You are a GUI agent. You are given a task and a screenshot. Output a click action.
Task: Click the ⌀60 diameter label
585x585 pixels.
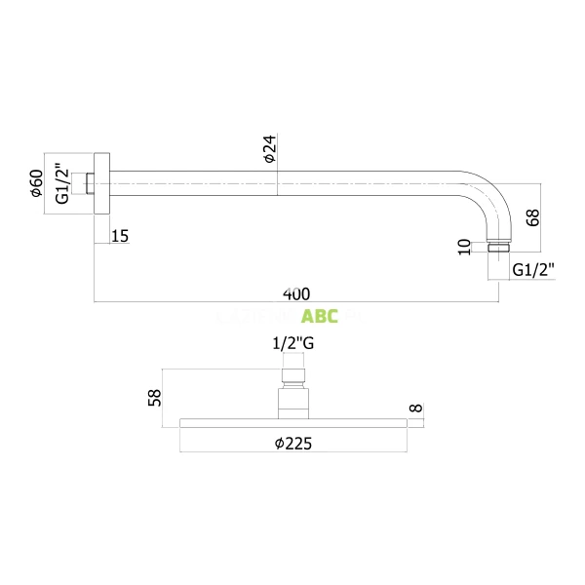point(36,183)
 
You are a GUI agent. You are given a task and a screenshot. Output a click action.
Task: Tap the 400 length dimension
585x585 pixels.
point(296,292)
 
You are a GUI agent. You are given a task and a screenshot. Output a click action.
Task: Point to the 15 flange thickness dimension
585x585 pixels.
point(120,235)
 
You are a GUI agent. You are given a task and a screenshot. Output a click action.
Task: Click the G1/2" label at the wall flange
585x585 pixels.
point(62,183)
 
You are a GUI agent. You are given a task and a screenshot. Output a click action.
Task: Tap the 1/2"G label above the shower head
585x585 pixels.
point(292,344)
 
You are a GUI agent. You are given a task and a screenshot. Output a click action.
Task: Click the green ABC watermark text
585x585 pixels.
point(320,316)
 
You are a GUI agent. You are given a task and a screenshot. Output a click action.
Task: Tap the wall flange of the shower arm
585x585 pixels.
point(101,183)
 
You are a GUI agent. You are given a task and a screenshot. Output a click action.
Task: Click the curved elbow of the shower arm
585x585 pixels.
point(485,200)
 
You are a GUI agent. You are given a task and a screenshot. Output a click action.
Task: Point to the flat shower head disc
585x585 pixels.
point(292,422)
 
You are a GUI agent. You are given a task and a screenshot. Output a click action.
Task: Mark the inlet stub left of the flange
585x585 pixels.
point(90,183)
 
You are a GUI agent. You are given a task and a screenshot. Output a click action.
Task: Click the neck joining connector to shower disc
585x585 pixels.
point(292,402)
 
